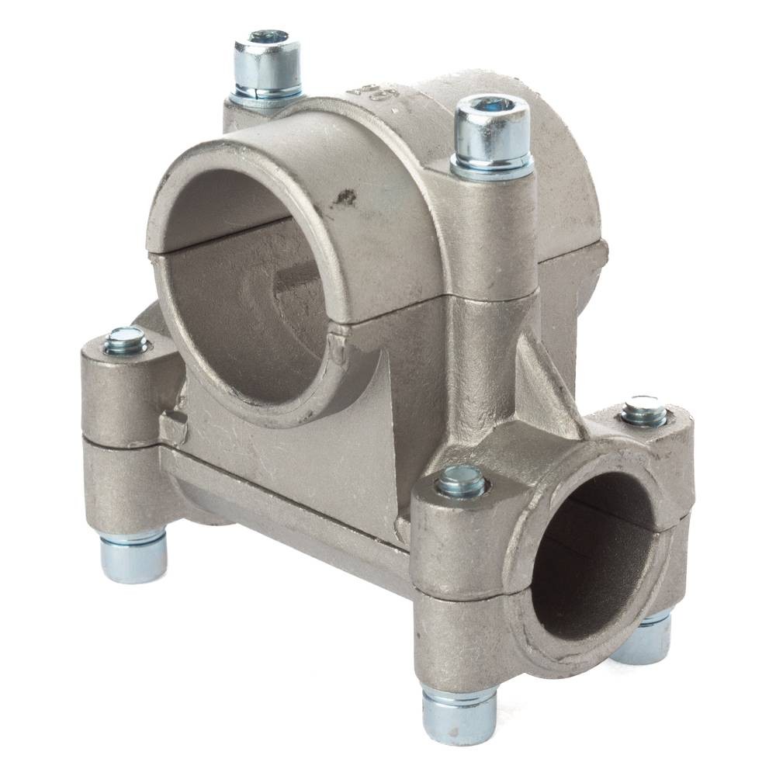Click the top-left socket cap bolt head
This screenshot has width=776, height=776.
pyautogui.click(x=267, y=62)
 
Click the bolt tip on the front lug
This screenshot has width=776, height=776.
pyautogui.click(x=461, y=483)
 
